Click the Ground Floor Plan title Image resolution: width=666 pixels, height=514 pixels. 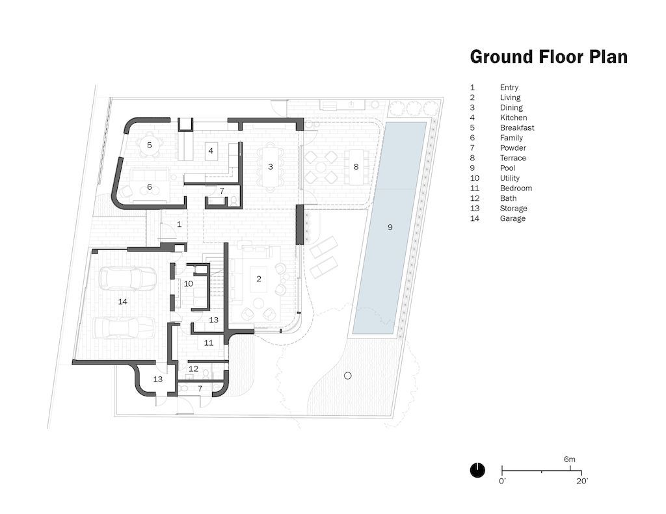pyautogui.click(x=548, y=57)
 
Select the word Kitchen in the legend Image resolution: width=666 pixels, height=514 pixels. pyautogui.click(x=513, y=118)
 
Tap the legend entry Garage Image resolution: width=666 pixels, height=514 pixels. pyautogui.click(x=513, y=218)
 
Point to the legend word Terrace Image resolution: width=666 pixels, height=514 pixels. pyautogui.click(x=513, y=158)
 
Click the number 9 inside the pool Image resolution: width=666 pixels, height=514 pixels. pyautogui.click(x=390, y=227)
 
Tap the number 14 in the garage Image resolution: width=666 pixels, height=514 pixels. pyautogui.click(x=122, y=302)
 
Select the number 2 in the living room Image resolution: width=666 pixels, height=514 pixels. pyautogui.click(x=259, y=279)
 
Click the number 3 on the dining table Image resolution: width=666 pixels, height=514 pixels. pyautogui.click(x=271, y=166)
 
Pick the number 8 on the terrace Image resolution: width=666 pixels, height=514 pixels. pyautogui.click(x=356, y=166)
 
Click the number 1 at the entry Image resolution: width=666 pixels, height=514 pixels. pyautogui.click(x=179, y=224)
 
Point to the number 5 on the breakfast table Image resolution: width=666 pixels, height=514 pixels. pyautogui.click(x=149, y=145)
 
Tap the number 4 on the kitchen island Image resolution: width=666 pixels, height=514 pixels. pyautogui.click(x=211, y=151)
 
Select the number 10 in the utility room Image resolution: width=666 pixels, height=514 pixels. pyautogui.click(x=188, y=283)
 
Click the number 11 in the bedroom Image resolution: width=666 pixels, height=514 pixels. pyautogui.click(x=209, y=342)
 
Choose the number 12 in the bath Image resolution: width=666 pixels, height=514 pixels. pyautogui.click(x=193, y=368)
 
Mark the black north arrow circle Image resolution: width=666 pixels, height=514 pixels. pyautogui.click(x=477, y=470)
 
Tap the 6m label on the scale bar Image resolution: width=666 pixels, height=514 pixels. pyautogui.click(x=570, y=459)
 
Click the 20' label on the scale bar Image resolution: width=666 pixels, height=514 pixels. pyautogui.click(x=581, y=481)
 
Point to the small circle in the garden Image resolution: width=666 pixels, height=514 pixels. pyautogui.click(x=347, y=376)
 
